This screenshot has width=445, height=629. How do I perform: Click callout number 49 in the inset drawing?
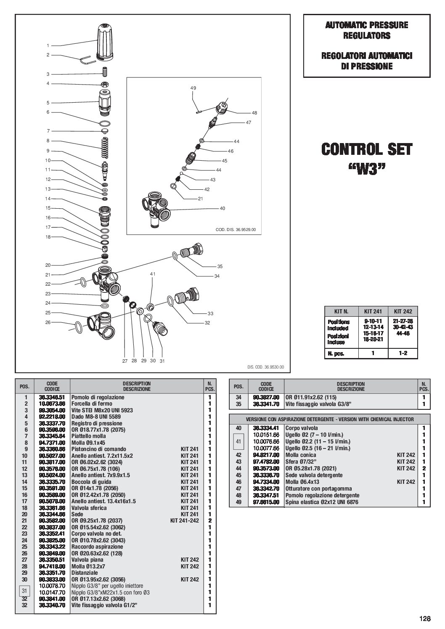pyautogui.click(x=193, y=88)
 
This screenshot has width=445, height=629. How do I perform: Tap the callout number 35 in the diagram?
pyautogui.click(x=220, y=266)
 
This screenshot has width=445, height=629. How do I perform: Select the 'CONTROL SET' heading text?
pyautogui.click(x=367, y=149)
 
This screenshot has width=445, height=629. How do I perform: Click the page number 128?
pyautogui.click(x=425, y=618)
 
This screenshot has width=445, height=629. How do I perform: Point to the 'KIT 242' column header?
pyautogui.click(x=403, y=311)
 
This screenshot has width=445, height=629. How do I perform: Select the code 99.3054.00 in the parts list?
pyautogui.click(x=52, y=410)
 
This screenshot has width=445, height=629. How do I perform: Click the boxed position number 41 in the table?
pyautogui.click(x=238, y=441)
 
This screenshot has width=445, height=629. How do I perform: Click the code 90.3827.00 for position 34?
pyautogui.click(x=266, y=397)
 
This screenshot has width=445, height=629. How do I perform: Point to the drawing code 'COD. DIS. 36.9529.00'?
pyautogui.click(x=236, y=230)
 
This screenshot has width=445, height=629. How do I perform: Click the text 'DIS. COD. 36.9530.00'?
pyautogui.click(x=265, y=367)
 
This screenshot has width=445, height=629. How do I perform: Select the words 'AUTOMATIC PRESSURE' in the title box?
pyautogui.click(x=366, y=25)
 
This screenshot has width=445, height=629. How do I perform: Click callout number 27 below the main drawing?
pyautogui.click(x=124, y=361)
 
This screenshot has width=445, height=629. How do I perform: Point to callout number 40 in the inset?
pyautogui.click(x=222, y=208)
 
